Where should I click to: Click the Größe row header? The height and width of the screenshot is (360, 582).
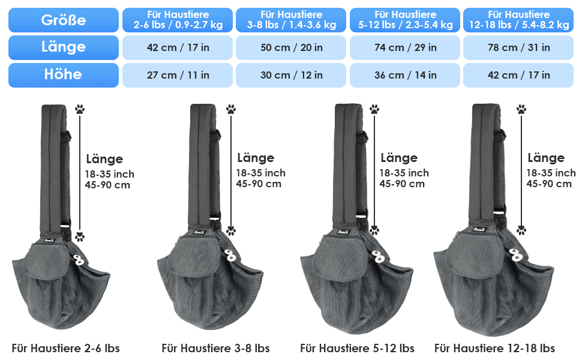pyautogui.click(x=64, y=20)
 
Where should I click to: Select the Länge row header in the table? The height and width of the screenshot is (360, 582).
pyautogui.click(x=64, y=47)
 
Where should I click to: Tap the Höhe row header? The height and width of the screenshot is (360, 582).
pyautogui.click(x=64, y=75)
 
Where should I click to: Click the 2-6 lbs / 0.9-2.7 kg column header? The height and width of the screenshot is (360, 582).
pyautogui.click(x=178, y=20)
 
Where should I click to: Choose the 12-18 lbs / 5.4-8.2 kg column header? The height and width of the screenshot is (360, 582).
pyautogui.click(x=518, y=20)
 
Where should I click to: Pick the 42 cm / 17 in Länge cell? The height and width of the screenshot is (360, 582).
pyautogui.click(x=178, y=47)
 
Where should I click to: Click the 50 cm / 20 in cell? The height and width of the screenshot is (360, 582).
pyautogui.click(x=291, y=47)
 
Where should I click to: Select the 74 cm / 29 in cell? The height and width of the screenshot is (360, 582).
pyautogui.click(x=405, y=47)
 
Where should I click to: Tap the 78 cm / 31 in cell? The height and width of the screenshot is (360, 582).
pyautogui.click(x=518, y=47)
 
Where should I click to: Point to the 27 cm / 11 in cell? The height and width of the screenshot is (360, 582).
pyautogui.click(x=178, y=75)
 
